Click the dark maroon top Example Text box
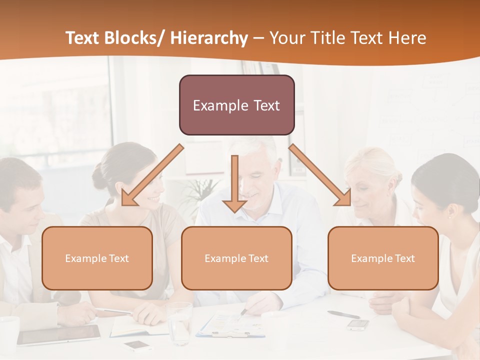tap(236, 105)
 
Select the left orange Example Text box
tap(97, 258)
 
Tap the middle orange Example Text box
tap(236, 258)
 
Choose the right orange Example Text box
tap(383, 258)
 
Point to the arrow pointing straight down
tap(234, 185)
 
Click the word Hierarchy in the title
tap(208, 38)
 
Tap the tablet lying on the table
tap(59, 335)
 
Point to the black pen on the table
tap(343, 314)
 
